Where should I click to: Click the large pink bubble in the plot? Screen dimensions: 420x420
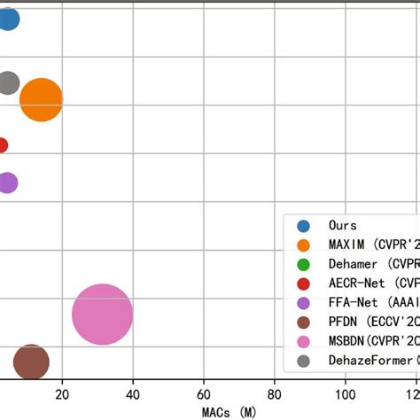(102, 315)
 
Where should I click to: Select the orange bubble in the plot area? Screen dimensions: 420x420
(41, 99)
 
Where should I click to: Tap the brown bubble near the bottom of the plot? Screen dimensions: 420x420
(31, 362)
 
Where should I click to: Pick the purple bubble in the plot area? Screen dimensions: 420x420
(7, 183)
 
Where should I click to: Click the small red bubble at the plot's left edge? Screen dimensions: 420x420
(3, 145)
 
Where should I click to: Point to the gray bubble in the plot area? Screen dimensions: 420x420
(8, 82)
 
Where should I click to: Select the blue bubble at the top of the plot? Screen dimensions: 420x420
(7, 18)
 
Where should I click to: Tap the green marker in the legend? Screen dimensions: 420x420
(303, 264)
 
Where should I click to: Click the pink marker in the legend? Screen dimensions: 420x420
(303, 341)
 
